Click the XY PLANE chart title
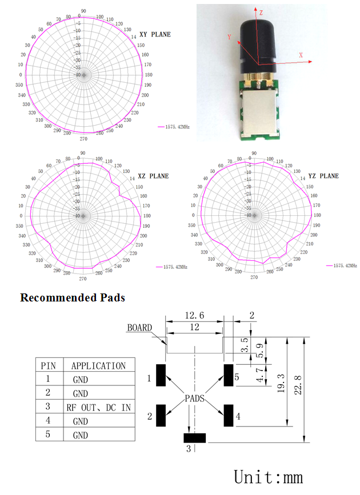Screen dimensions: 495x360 coord(155,34)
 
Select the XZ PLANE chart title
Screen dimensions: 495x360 coord(153,176)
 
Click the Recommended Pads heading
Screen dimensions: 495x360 coord(72,297)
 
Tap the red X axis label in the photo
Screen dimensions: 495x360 coord(301,55)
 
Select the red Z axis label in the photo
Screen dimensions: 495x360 coord(261,12)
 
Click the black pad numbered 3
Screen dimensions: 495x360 coord(194,438)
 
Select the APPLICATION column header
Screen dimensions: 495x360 coord(98,365)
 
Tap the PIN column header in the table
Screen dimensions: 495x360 coord(48,365)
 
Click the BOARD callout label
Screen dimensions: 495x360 coord(139,328)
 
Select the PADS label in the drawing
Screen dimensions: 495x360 coord(194,398)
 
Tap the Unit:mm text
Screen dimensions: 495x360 coord(269,477)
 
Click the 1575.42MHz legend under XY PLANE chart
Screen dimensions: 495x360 coord(176,127)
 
